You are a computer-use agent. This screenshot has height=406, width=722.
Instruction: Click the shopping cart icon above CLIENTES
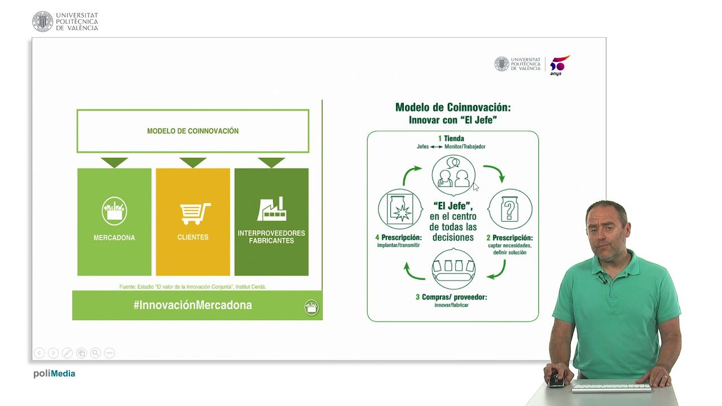coord(195,213)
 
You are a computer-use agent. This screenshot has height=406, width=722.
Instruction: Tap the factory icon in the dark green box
coord(272,209)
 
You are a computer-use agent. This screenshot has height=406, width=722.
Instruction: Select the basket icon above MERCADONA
coord(115,211)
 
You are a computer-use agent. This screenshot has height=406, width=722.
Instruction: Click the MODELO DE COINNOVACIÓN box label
coord(193,131)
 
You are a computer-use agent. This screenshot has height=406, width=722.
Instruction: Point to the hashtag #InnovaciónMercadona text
coord(192,305)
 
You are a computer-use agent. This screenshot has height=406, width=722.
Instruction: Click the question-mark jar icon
coord(509,209)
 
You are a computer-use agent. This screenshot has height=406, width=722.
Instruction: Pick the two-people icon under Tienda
coord(454,175)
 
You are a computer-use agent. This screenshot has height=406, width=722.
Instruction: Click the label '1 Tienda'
coord(451,138)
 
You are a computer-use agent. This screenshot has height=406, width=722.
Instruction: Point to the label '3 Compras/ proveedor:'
coord(451,297)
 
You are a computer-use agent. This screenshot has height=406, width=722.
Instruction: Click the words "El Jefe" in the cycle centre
coord(453,206)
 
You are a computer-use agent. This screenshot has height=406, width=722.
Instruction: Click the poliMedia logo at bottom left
coord(54,373)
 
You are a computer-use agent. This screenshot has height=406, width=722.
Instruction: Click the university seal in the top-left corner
coord(42,21)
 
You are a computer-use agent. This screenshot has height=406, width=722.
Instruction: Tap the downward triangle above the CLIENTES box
coord(193,162)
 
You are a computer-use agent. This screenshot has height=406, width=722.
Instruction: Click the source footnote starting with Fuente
coord(192,286)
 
